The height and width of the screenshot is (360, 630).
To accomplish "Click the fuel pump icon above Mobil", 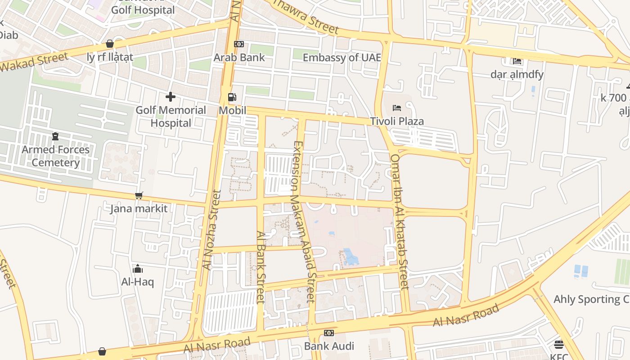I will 232,97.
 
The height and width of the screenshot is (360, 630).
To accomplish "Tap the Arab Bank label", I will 239,58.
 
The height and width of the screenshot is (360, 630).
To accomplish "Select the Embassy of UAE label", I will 342,58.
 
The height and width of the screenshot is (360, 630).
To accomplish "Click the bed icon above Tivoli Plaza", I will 397,108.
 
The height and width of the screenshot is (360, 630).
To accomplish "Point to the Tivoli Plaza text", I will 397,121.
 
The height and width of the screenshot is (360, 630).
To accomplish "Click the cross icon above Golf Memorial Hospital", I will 171,97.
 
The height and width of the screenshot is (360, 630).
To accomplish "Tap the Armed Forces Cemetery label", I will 56,156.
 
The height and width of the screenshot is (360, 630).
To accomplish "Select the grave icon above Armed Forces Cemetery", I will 55,136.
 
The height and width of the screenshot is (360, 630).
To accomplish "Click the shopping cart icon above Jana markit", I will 139,195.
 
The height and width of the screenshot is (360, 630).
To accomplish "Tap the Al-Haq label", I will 138,282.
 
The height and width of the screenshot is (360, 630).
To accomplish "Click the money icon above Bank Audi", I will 329,333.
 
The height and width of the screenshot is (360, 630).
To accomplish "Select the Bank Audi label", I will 329,346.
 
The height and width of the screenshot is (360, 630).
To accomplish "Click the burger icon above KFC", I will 559,345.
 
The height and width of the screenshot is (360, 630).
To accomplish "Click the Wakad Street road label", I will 34,62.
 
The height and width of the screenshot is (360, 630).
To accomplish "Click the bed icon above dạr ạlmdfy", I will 517,61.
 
